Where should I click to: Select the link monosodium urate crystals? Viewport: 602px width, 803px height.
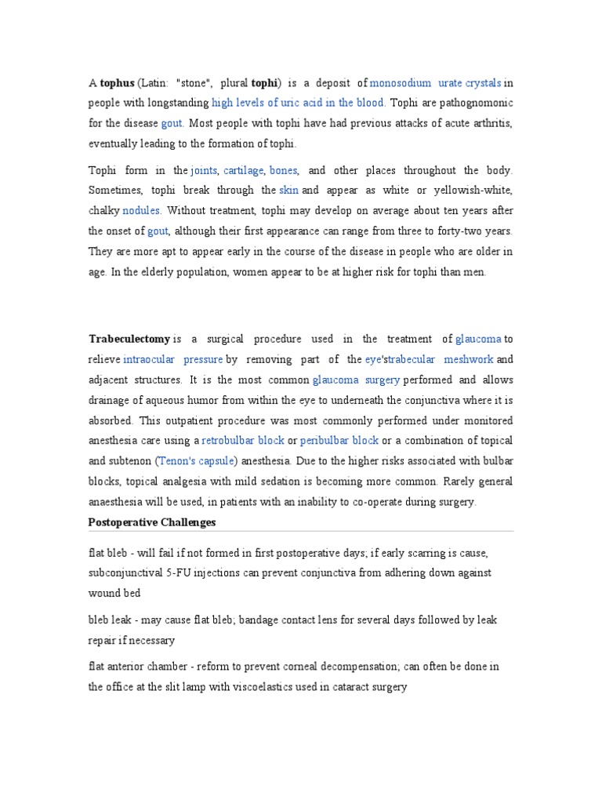435,82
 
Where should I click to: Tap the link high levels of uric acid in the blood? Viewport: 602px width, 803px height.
298,103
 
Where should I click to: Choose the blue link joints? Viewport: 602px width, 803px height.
205,170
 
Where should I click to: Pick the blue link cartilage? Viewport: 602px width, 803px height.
245,170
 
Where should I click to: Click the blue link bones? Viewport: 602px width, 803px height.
284,170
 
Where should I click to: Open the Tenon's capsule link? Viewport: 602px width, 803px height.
198,461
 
